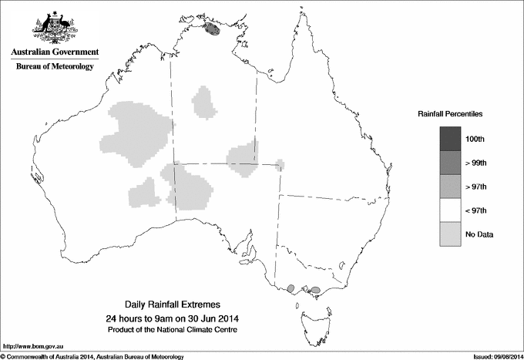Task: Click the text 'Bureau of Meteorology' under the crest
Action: pyautogui.click(x=55, y=67)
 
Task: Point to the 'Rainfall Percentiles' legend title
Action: pyautogui.click(x=450, y=114)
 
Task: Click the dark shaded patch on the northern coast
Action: pyautogui.click(x=212, y=29)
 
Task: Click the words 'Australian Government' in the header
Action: pyautogui.click(x=55, y=52)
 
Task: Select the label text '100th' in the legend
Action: pyautogui.click(x=475, y=139)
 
